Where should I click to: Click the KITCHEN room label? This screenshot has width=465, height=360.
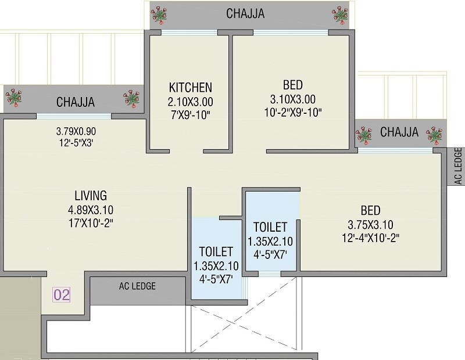point(191,88)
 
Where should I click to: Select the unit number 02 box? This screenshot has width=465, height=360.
point(62,294)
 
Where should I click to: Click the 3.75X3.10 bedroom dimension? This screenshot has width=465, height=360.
point(370,224)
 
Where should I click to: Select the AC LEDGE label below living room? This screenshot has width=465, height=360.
point(137,286)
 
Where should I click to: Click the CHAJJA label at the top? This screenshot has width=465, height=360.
point(246,13)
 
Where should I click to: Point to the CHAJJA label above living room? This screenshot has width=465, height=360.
point(76,102)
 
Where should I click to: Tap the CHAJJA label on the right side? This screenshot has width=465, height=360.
point(399,132)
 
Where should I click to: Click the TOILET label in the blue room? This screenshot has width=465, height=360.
point(216,251)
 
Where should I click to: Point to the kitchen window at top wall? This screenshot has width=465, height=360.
point(190,33)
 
